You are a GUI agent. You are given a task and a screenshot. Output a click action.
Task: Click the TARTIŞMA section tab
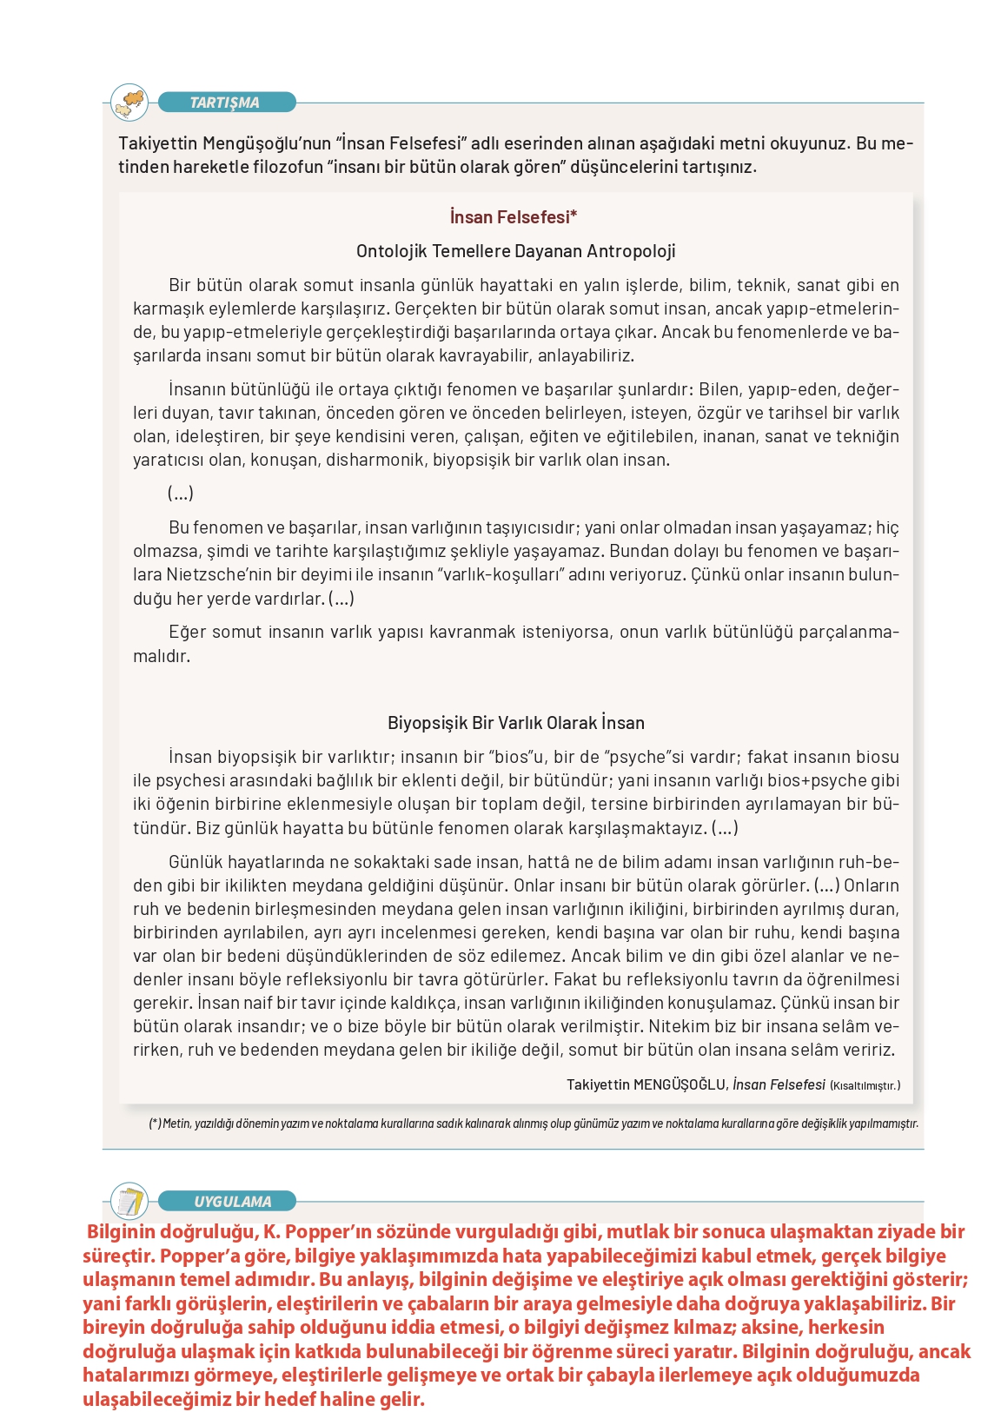225,103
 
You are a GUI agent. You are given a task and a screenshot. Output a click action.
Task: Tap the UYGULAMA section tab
232,1202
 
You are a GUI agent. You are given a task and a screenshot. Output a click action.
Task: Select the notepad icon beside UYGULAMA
130,1202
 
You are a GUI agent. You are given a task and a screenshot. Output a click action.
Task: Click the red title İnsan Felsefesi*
514,217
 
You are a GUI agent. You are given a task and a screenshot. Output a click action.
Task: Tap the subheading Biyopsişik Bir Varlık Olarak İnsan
516,723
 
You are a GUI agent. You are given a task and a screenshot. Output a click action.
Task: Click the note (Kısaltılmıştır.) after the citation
865,1085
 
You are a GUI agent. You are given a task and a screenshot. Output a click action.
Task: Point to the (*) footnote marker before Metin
155,1124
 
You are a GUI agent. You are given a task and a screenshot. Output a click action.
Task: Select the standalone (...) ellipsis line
181,494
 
